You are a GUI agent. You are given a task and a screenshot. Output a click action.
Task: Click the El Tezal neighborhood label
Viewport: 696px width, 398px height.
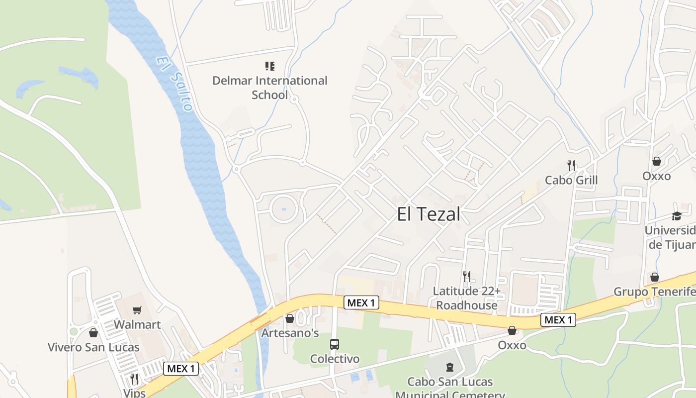click(429, 214)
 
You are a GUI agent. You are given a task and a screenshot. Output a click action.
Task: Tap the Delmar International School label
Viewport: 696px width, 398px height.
click(270, 87)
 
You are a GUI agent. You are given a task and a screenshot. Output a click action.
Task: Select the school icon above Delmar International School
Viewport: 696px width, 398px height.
click(270, 66)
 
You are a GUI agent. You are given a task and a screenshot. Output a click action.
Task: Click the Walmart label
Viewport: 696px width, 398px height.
click(137, 325)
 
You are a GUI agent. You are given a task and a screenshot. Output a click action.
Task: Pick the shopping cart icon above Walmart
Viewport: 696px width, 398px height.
click(137, 310)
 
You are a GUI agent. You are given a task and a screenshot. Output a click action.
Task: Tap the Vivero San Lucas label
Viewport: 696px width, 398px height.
click(93, 347)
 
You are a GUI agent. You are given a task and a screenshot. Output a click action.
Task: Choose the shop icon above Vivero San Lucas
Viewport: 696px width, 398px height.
click(93, 333)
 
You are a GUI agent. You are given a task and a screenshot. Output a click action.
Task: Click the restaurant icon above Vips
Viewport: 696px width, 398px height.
click(134, 379)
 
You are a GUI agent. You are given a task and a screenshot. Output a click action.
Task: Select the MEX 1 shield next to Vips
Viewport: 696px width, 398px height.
click(181, 369)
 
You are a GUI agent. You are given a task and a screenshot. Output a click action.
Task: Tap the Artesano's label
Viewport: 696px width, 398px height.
click(290, 333)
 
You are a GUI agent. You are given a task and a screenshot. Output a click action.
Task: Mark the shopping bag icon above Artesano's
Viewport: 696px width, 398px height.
click(290, 318)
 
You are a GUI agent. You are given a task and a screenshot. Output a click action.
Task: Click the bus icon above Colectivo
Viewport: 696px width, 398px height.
click(335, 344)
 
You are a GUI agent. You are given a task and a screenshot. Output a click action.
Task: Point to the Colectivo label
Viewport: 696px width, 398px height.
click(335, 359)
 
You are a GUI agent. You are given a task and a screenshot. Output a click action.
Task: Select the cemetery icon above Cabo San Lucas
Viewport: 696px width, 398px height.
click(450, 368)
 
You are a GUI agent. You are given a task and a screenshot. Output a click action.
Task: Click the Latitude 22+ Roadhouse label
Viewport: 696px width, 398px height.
click(466, 298)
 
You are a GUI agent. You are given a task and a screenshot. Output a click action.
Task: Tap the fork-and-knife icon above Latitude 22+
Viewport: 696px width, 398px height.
click(466, 276)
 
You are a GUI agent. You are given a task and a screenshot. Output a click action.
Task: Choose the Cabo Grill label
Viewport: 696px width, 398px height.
click(571, 180)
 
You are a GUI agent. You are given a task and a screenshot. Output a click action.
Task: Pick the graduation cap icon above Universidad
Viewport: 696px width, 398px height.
click(677, 216)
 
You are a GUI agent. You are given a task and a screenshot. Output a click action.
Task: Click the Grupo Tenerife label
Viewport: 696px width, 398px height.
click(654, 292)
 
